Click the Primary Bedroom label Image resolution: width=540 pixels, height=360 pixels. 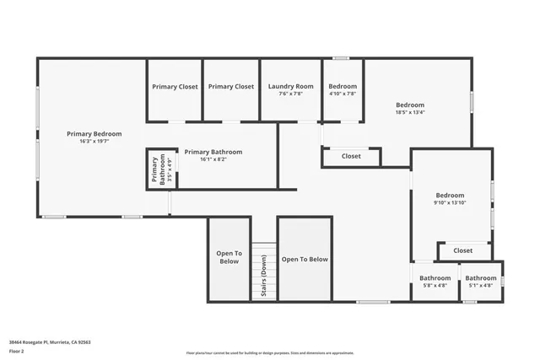[x=94, y=133]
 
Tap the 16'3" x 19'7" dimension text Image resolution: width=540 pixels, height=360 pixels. [x=94, y=142]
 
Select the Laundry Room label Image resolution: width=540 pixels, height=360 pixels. [x=290, y=86]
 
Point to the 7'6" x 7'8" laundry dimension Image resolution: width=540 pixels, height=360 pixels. [x=290, y=94]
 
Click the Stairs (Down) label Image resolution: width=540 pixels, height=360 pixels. [x=264, y=275]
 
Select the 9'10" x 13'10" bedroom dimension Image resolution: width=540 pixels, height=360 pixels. [x=450, y=202]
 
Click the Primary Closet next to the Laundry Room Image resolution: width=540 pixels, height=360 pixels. [x=231, y=86]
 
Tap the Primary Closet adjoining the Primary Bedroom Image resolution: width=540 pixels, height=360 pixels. [x=175, y=86]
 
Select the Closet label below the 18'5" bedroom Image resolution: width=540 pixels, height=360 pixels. [x=351, y=156]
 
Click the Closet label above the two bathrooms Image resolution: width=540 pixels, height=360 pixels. [x=462, y=250]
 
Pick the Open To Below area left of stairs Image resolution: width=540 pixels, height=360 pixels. [x=229, y=257]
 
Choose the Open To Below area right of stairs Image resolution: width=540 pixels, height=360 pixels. [x=305, y=260]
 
